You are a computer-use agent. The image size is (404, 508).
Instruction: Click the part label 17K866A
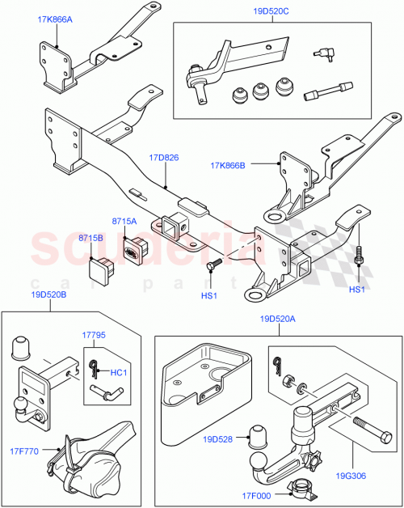pos(54,17)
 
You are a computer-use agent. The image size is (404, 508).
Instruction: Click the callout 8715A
pos(124,221)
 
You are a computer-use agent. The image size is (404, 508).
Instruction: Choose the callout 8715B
pos(90,239)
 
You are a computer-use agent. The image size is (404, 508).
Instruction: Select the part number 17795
pos(95,335)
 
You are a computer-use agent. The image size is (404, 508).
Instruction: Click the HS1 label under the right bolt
pos(357,290)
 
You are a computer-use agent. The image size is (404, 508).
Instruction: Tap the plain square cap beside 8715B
pos(105,266)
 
